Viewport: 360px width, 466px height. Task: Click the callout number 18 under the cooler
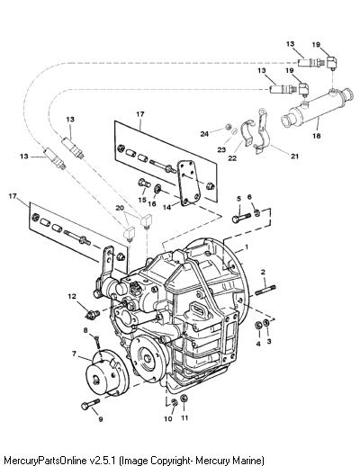tap(317, 136)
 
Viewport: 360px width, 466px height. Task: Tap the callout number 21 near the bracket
tap(295, 156)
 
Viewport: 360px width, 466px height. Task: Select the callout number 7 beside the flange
tap(74, 354)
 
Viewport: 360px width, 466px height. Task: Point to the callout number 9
tap(101, 419)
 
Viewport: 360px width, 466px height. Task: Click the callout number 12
tap(72, 296)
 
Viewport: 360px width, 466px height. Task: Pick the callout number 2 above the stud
tap(263, 273)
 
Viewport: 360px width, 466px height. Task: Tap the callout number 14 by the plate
tap(167, 207)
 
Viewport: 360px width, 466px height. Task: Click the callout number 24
tap(204, 134)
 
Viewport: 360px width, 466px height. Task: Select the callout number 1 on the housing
tap(247, 247)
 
